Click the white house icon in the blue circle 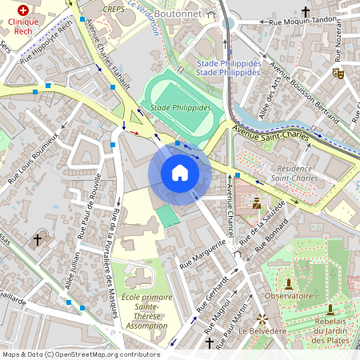point(180,173)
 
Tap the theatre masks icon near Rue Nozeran point(338,72)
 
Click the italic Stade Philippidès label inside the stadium point(180,107)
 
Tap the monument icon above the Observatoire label point(289,283)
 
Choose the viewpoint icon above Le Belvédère point(261,318)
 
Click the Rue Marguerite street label point(203,252)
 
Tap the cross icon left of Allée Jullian point(37,239)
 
